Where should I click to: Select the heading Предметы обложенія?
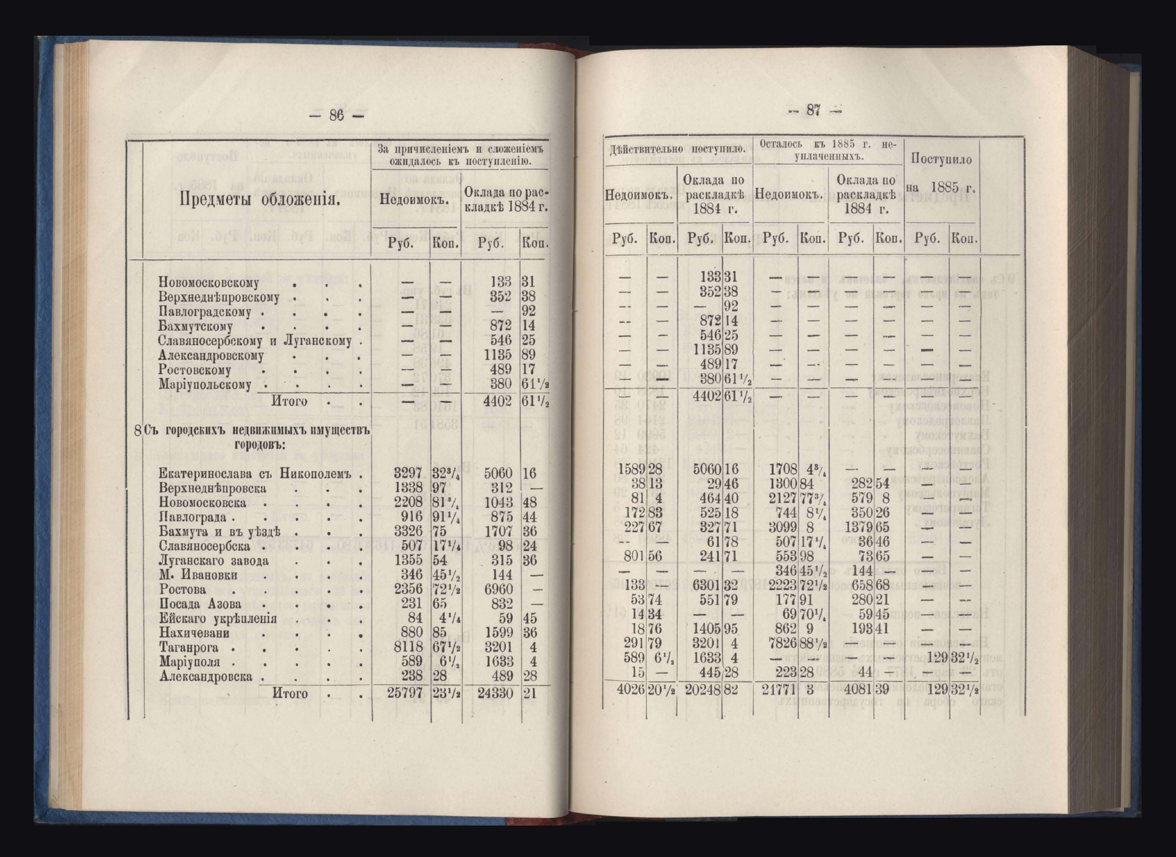coord(260,199)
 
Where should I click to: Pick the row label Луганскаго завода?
coord(214,561)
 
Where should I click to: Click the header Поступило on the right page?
coord(941,159)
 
